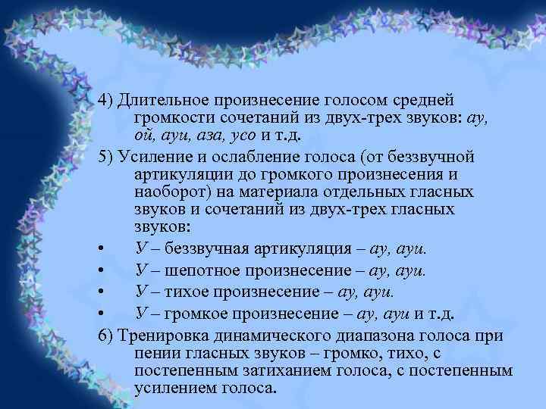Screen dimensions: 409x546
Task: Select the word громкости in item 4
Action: (x=172, y=118)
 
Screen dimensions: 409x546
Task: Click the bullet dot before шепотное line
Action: (x=102, y=270)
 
